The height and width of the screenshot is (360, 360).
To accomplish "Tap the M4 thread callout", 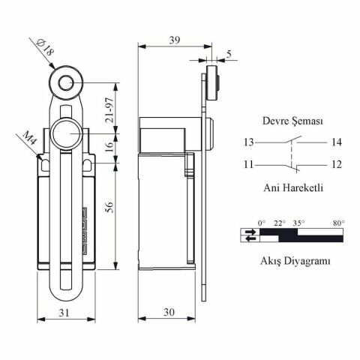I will click(30, 139).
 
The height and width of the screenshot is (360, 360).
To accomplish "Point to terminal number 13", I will click(248, 141).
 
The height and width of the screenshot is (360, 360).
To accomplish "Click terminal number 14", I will click(335, 141).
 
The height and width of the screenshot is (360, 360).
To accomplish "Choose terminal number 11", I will click(248, 163).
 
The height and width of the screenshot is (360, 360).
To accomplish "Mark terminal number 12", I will click(335, 163).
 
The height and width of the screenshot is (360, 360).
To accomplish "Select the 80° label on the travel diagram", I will click(338, 223).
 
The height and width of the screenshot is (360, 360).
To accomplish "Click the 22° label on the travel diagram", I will click(280, 223).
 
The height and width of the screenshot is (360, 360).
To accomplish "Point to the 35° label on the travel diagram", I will click(298, 223).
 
